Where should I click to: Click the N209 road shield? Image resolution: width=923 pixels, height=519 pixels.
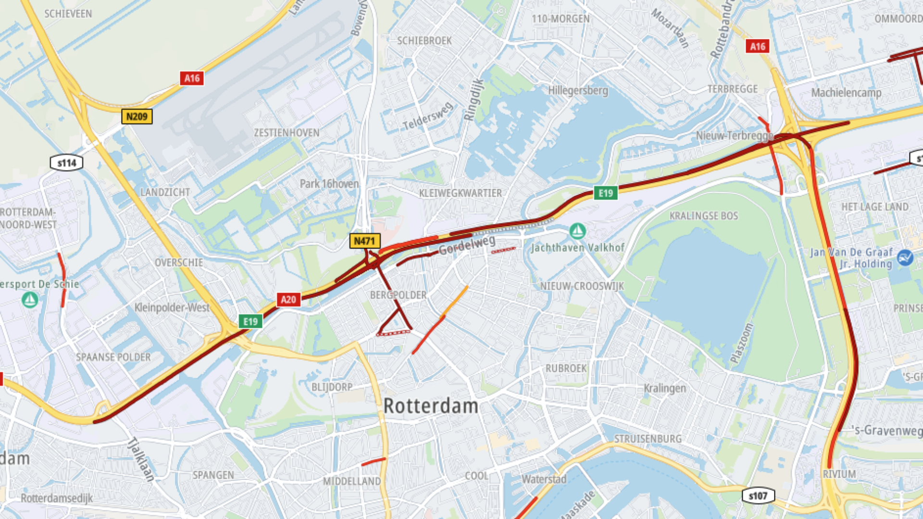pyautogui.click(x=137, y=116)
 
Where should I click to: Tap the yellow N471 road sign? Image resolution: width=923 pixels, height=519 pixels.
pyautogui.click(x=364, y=241)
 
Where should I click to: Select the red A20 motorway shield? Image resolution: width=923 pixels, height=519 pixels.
pyautogui.click(x=288, y=299)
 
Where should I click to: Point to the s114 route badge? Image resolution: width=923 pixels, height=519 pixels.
pyautogui.click(x=67, y=163)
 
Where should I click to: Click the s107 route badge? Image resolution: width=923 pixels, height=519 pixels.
pyautogui.click(x=758, y=495)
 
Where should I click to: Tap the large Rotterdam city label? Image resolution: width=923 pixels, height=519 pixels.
pyautogui.click(x=431, y=406)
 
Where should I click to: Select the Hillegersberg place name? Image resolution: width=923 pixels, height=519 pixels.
pyautogui.click(x=578, y=90)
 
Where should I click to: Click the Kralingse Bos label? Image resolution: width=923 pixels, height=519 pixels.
pyautogui.click(x=704, y=216)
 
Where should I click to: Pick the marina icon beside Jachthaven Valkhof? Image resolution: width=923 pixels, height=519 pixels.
pyautogui.click(x=577, y=231)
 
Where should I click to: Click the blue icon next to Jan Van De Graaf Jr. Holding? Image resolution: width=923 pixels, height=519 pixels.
pyautogui.click(x=905, y=258)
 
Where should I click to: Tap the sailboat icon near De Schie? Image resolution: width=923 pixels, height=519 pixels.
pyautogui.click(x=30, y=300)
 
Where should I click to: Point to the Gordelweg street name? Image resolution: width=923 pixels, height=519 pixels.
pyautogui.click(x=467, y=245)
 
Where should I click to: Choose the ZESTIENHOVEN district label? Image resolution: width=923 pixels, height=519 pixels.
pyautogui.click(x=287, y=133)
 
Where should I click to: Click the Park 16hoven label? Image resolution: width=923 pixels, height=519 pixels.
pyautogui.click(x=329, y=184)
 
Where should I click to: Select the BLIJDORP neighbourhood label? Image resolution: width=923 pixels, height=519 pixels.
pyautogui.click(x=332, y=387)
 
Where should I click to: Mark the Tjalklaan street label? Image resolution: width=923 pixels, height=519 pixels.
pyautogui.click(x=141, y=459)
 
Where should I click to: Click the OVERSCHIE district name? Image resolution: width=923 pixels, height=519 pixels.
pyautogui.click(x=179, y=262)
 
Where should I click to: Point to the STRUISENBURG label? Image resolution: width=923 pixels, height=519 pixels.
pyautogui.click(x=648, y=439)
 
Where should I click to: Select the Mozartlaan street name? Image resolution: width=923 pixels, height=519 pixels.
pyautogui.click(x=670, y=28)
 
